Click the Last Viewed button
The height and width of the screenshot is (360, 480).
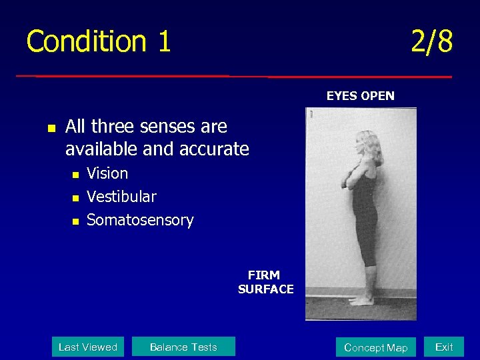[87, 347]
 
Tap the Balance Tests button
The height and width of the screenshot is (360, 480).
[183, 347]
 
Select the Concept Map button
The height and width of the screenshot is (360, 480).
[375, 347]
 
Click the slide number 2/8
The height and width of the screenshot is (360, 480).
[431, 41]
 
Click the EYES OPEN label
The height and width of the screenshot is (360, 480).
[360, 96]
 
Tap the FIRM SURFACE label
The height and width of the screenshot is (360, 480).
[265, 282]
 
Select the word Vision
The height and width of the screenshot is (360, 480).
[107, 173]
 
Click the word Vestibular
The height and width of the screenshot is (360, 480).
[121, 197]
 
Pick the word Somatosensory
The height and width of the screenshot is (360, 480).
[140, 220]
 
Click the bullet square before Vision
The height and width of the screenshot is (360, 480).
[75, 175]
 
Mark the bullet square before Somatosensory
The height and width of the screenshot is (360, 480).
[75, 221]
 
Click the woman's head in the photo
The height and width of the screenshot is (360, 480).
[369, 142]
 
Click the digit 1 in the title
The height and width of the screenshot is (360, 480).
[164, 41]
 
